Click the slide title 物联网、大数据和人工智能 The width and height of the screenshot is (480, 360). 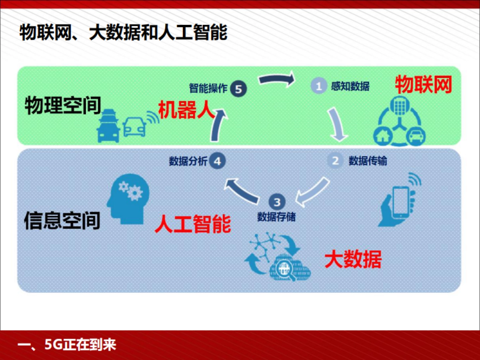tap(123, 33)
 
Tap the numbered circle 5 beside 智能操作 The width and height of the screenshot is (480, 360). tap(238, 89)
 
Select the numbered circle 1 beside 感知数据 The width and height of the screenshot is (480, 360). tap(319, 86)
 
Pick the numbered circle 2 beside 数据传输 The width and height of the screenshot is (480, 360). tap(335, 161)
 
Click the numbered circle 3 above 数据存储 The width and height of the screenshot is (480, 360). tap(277, 201)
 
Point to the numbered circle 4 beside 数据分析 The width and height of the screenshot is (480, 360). tap(218, 161)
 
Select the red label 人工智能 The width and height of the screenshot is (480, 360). tap(193, 224)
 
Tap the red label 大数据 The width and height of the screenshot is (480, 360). tap(353, 259)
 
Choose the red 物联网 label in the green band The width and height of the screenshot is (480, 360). tap(423, 85)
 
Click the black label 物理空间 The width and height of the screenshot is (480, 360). tap(62, 106)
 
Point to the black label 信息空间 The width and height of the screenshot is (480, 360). tap(62, 220)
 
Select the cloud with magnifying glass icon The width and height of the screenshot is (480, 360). tap(286, 267)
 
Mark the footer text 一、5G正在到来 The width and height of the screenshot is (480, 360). tap(68, 344)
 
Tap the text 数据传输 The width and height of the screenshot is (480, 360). tap(368, 161)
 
